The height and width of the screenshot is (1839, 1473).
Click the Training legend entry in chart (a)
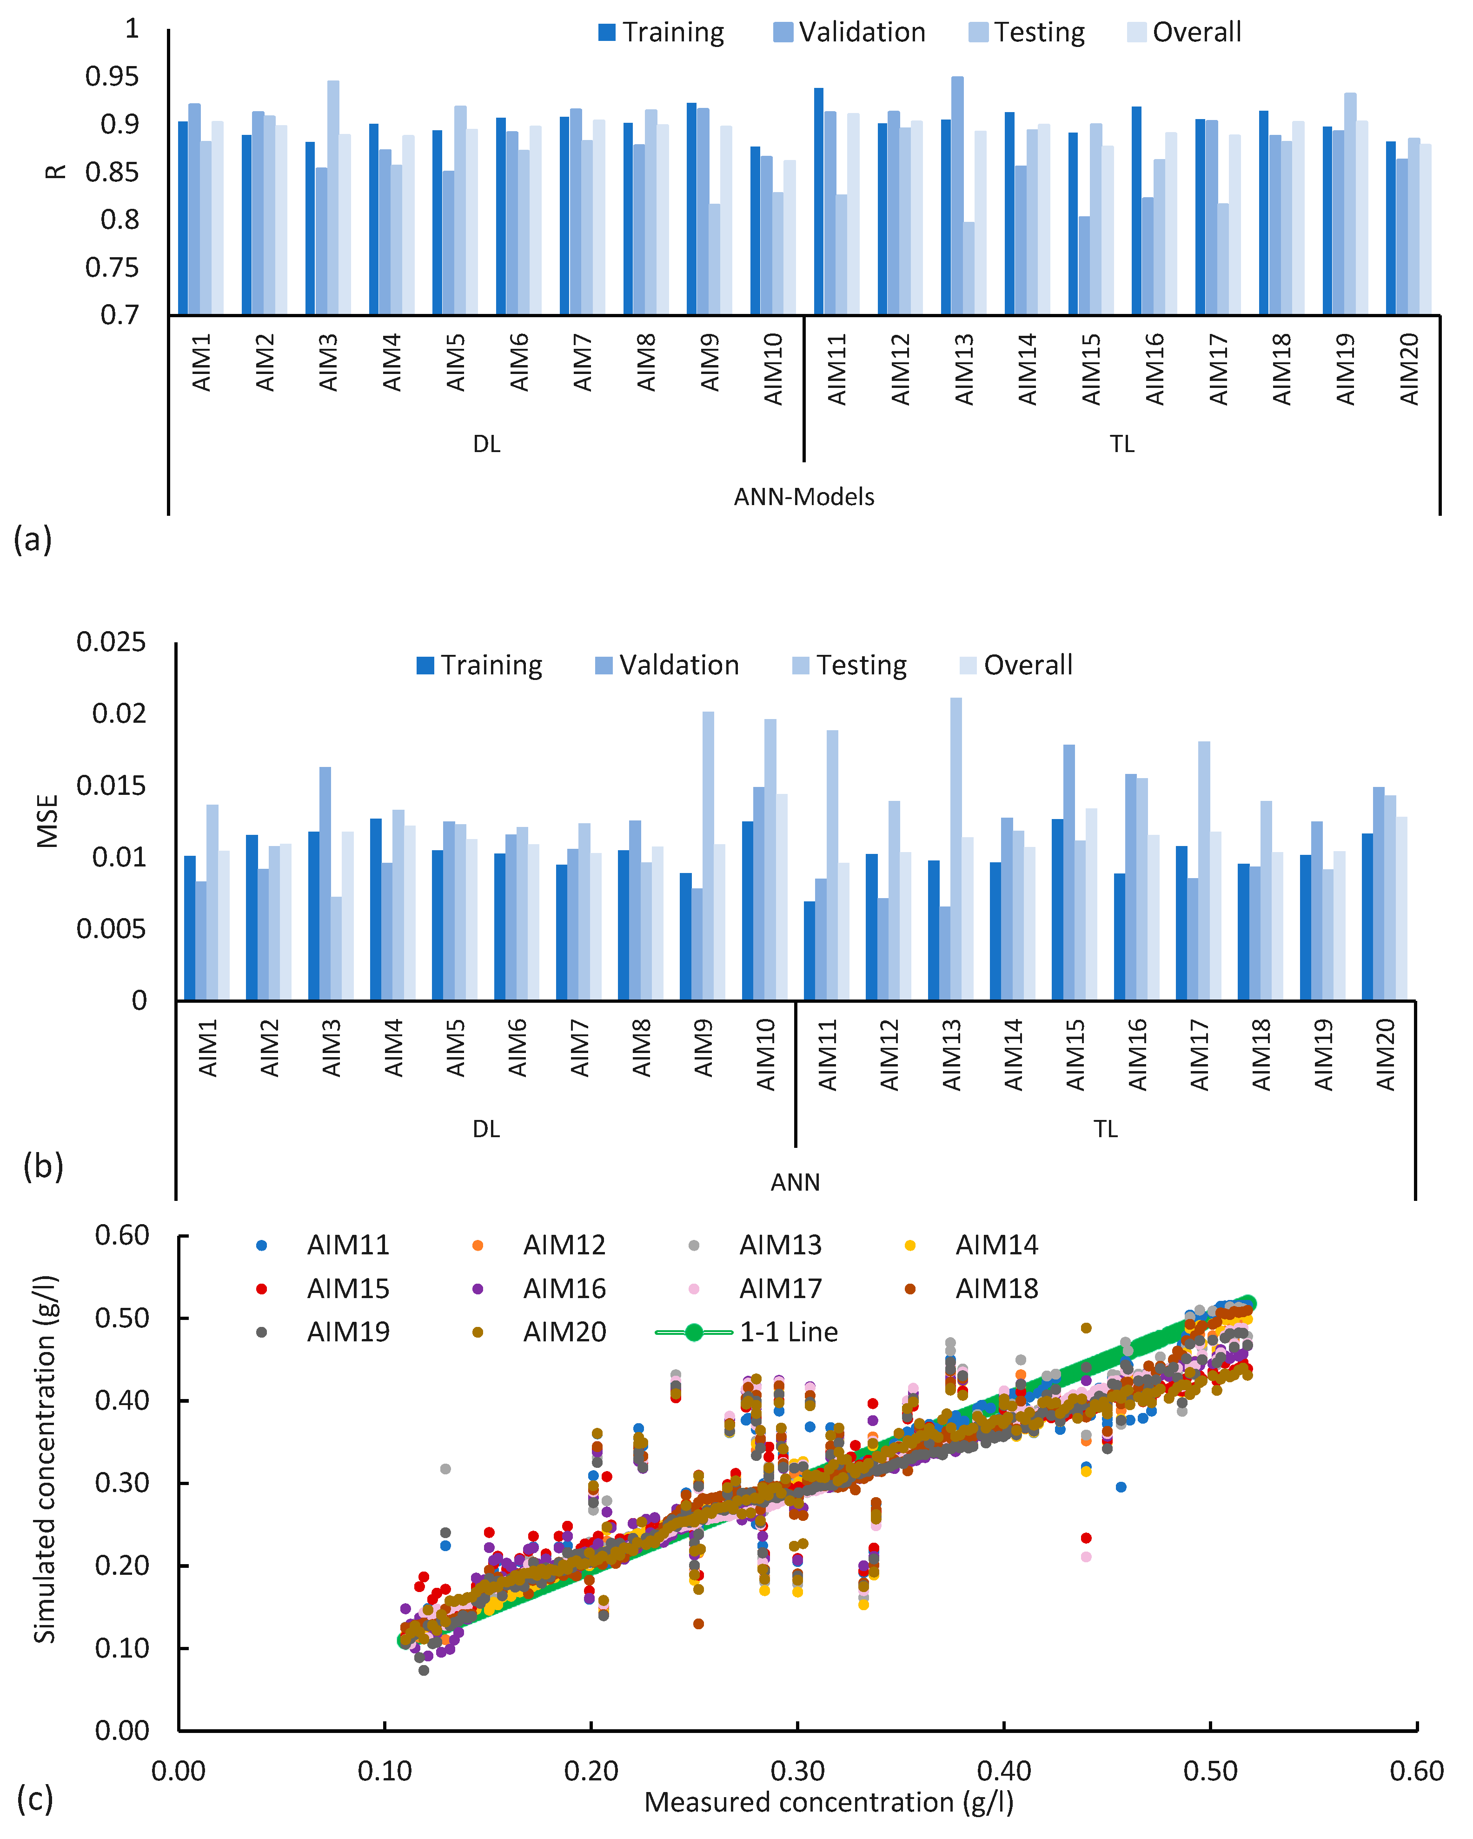click(x=662, y=33)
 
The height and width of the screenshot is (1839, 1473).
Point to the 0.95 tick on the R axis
click(x=112, y=77)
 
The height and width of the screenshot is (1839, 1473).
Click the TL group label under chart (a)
click(x=1121, y=444)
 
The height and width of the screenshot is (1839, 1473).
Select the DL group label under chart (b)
click(x=486, y=1129)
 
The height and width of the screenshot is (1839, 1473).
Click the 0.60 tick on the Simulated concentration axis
click(x=122, y=1235)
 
